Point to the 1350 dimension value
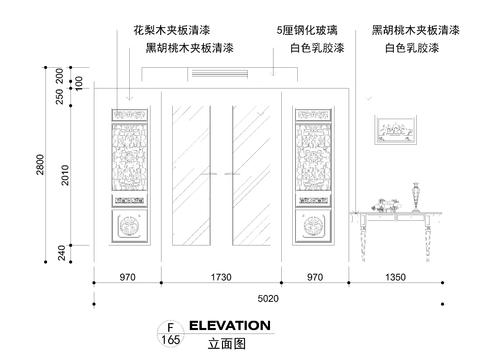pos(398,276)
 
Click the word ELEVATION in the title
pos(229,326)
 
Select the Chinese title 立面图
pos(226,343)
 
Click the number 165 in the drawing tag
pos(170,341)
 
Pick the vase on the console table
pos(417,196)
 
